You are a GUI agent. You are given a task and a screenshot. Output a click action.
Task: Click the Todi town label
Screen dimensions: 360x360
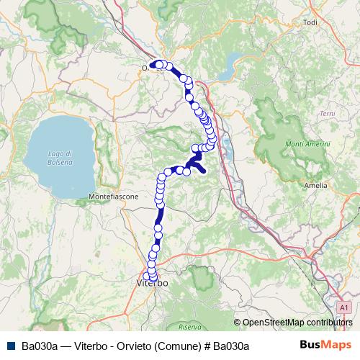(x=311, y=22)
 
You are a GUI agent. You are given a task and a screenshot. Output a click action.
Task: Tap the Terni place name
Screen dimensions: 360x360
(x=328, y=114)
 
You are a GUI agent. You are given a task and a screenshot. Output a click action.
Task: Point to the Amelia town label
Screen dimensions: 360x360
(x=316, y=185)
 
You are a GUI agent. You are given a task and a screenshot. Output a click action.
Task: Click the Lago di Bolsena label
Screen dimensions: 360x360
(x=60, y=158)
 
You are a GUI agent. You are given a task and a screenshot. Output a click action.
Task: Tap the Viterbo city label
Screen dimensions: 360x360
(x=152, y=284)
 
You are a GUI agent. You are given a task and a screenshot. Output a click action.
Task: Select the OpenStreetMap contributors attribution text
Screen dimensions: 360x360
(x=297, y=323)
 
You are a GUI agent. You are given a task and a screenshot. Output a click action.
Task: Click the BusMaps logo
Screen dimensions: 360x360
(x=320, y=346)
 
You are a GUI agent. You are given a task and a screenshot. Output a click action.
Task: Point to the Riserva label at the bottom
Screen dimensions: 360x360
(x=190, y=327)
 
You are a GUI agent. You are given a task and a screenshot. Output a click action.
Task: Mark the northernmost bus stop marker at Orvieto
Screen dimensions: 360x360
(x=160, y=63)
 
